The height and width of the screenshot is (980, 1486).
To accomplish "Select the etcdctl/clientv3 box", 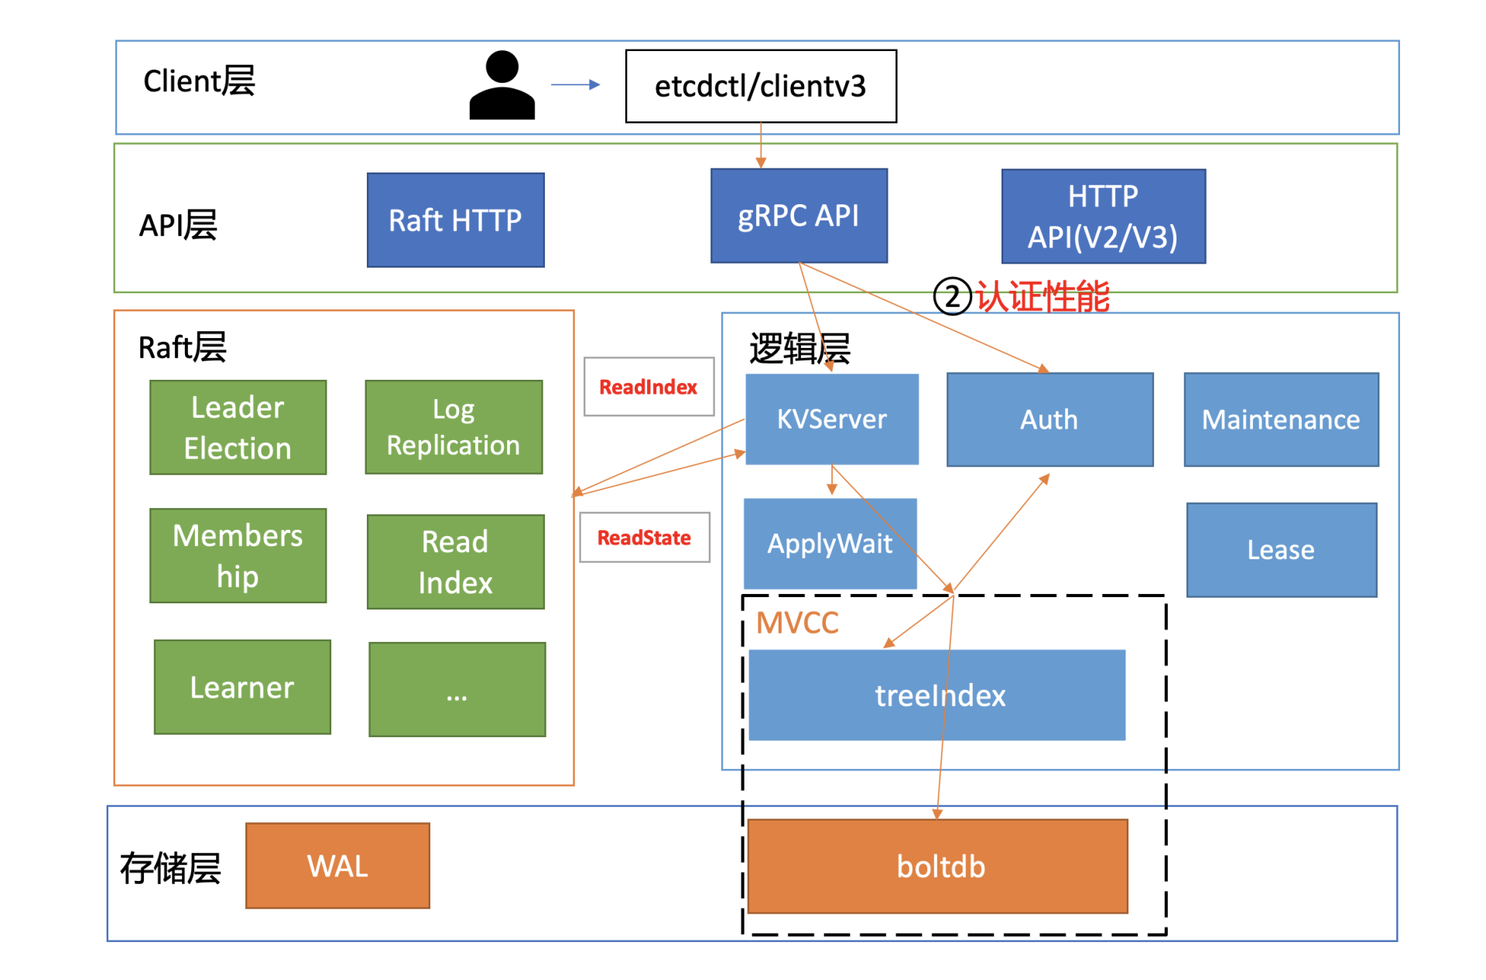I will tap(761, 86).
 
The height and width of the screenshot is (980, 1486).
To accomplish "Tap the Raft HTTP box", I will tap(455, 220).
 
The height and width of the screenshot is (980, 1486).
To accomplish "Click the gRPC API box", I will tap(799, 216).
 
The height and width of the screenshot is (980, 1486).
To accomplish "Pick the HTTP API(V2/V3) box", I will tap(1103, 217).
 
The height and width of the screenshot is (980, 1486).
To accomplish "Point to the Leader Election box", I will tap(238, 427).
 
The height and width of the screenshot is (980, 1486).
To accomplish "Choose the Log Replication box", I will tap(454, 427).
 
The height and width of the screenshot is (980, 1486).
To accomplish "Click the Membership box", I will tap(238, 555).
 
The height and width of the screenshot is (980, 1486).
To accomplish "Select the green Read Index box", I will tap(455, 562).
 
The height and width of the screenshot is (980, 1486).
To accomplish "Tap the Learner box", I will tap(242, 687).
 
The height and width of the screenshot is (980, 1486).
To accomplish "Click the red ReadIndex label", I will tap(649, 387).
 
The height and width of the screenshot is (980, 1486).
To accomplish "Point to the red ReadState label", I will tap(644, 538).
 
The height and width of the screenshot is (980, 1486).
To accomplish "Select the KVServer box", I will tap(832, 419).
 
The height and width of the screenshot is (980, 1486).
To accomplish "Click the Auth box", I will tap(1049, 420).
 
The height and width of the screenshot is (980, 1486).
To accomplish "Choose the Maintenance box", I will tap(1281, 420).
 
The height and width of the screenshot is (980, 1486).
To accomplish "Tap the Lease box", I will tap(1281, 550).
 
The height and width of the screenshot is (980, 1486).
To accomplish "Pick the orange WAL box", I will tap(337, 866).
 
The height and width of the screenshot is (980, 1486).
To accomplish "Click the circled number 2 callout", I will tap(952, 296).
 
